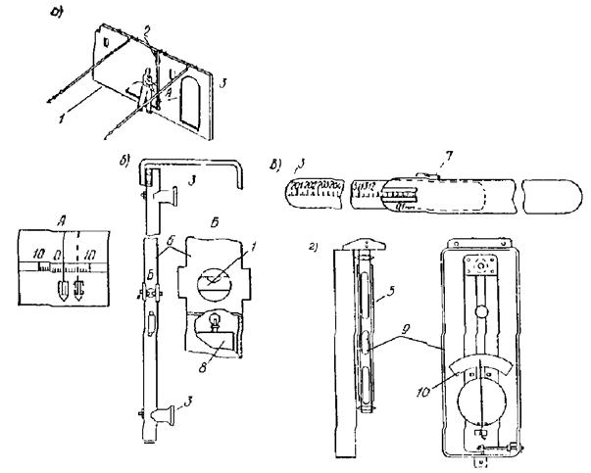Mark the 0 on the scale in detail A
point(58,257)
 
